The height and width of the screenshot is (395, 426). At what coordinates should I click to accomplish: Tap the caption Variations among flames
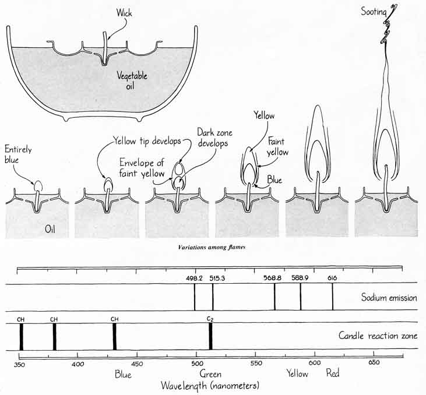tap(213, 248)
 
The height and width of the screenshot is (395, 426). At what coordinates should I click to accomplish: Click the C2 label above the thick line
tap(210, 318)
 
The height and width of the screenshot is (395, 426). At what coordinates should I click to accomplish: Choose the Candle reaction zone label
tap(378, 336)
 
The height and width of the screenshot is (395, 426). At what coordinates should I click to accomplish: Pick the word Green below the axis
tap(210, 374)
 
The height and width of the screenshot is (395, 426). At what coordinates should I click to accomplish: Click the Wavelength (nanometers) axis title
tap(210, 386)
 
